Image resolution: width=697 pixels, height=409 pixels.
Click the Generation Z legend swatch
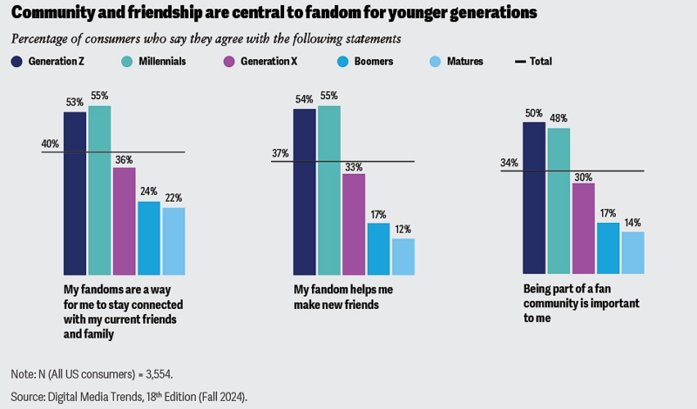(17, 62)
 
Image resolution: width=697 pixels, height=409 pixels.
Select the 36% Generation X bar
(124, 221)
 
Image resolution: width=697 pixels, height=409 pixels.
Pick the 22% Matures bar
(173, 241)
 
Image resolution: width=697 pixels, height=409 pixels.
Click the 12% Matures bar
(403, 257)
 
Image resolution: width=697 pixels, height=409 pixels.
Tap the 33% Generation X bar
(354, 225)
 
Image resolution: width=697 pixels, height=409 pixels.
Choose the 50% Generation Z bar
(534, 198)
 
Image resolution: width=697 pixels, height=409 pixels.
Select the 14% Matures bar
(633, 253)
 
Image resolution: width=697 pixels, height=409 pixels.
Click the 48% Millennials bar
(558, 201)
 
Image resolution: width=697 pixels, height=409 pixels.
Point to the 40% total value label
(50, 144)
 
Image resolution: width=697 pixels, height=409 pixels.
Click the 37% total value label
(280, 154)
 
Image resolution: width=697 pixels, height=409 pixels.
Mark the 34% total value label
(509, 163)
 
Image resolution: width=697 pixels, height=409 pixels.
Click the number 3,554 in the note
(156, 374)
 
